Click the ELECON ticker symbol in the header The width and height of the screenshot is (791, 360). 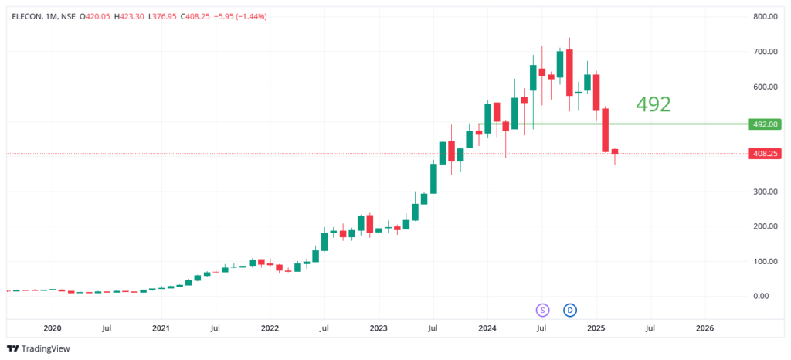[x=26, y=16]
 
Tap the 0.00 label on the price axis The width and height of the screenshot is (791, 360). [x=769, y=296]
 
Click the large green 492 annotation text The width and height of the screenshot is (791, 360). [x=653, y=104]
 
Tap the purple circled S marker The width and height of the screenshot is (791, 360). [x=542, y=310]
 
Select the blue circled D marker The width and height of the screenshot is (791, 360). [x=570, y=310]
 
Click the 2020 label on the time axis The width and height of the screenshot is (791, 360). [x=53, y=328]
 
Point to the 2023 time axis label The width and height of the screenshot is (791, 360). [x=379, y=328]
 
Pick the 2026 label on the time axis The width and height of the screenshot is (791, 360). [x=704, y=328]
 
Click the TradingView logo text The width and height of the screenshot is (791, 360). [x=45, y=348]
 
